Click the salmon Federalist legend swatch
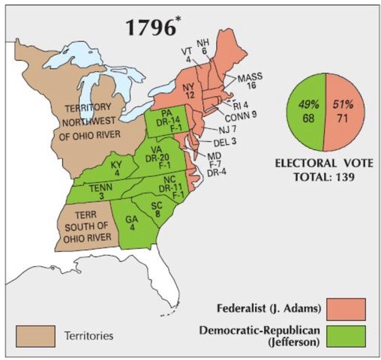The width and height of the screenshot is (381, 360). pyautogui.click(x=347, y=308)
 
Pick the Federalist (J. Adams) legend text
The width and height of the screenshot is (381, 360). pyautogui.click(x=261, y=308)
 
